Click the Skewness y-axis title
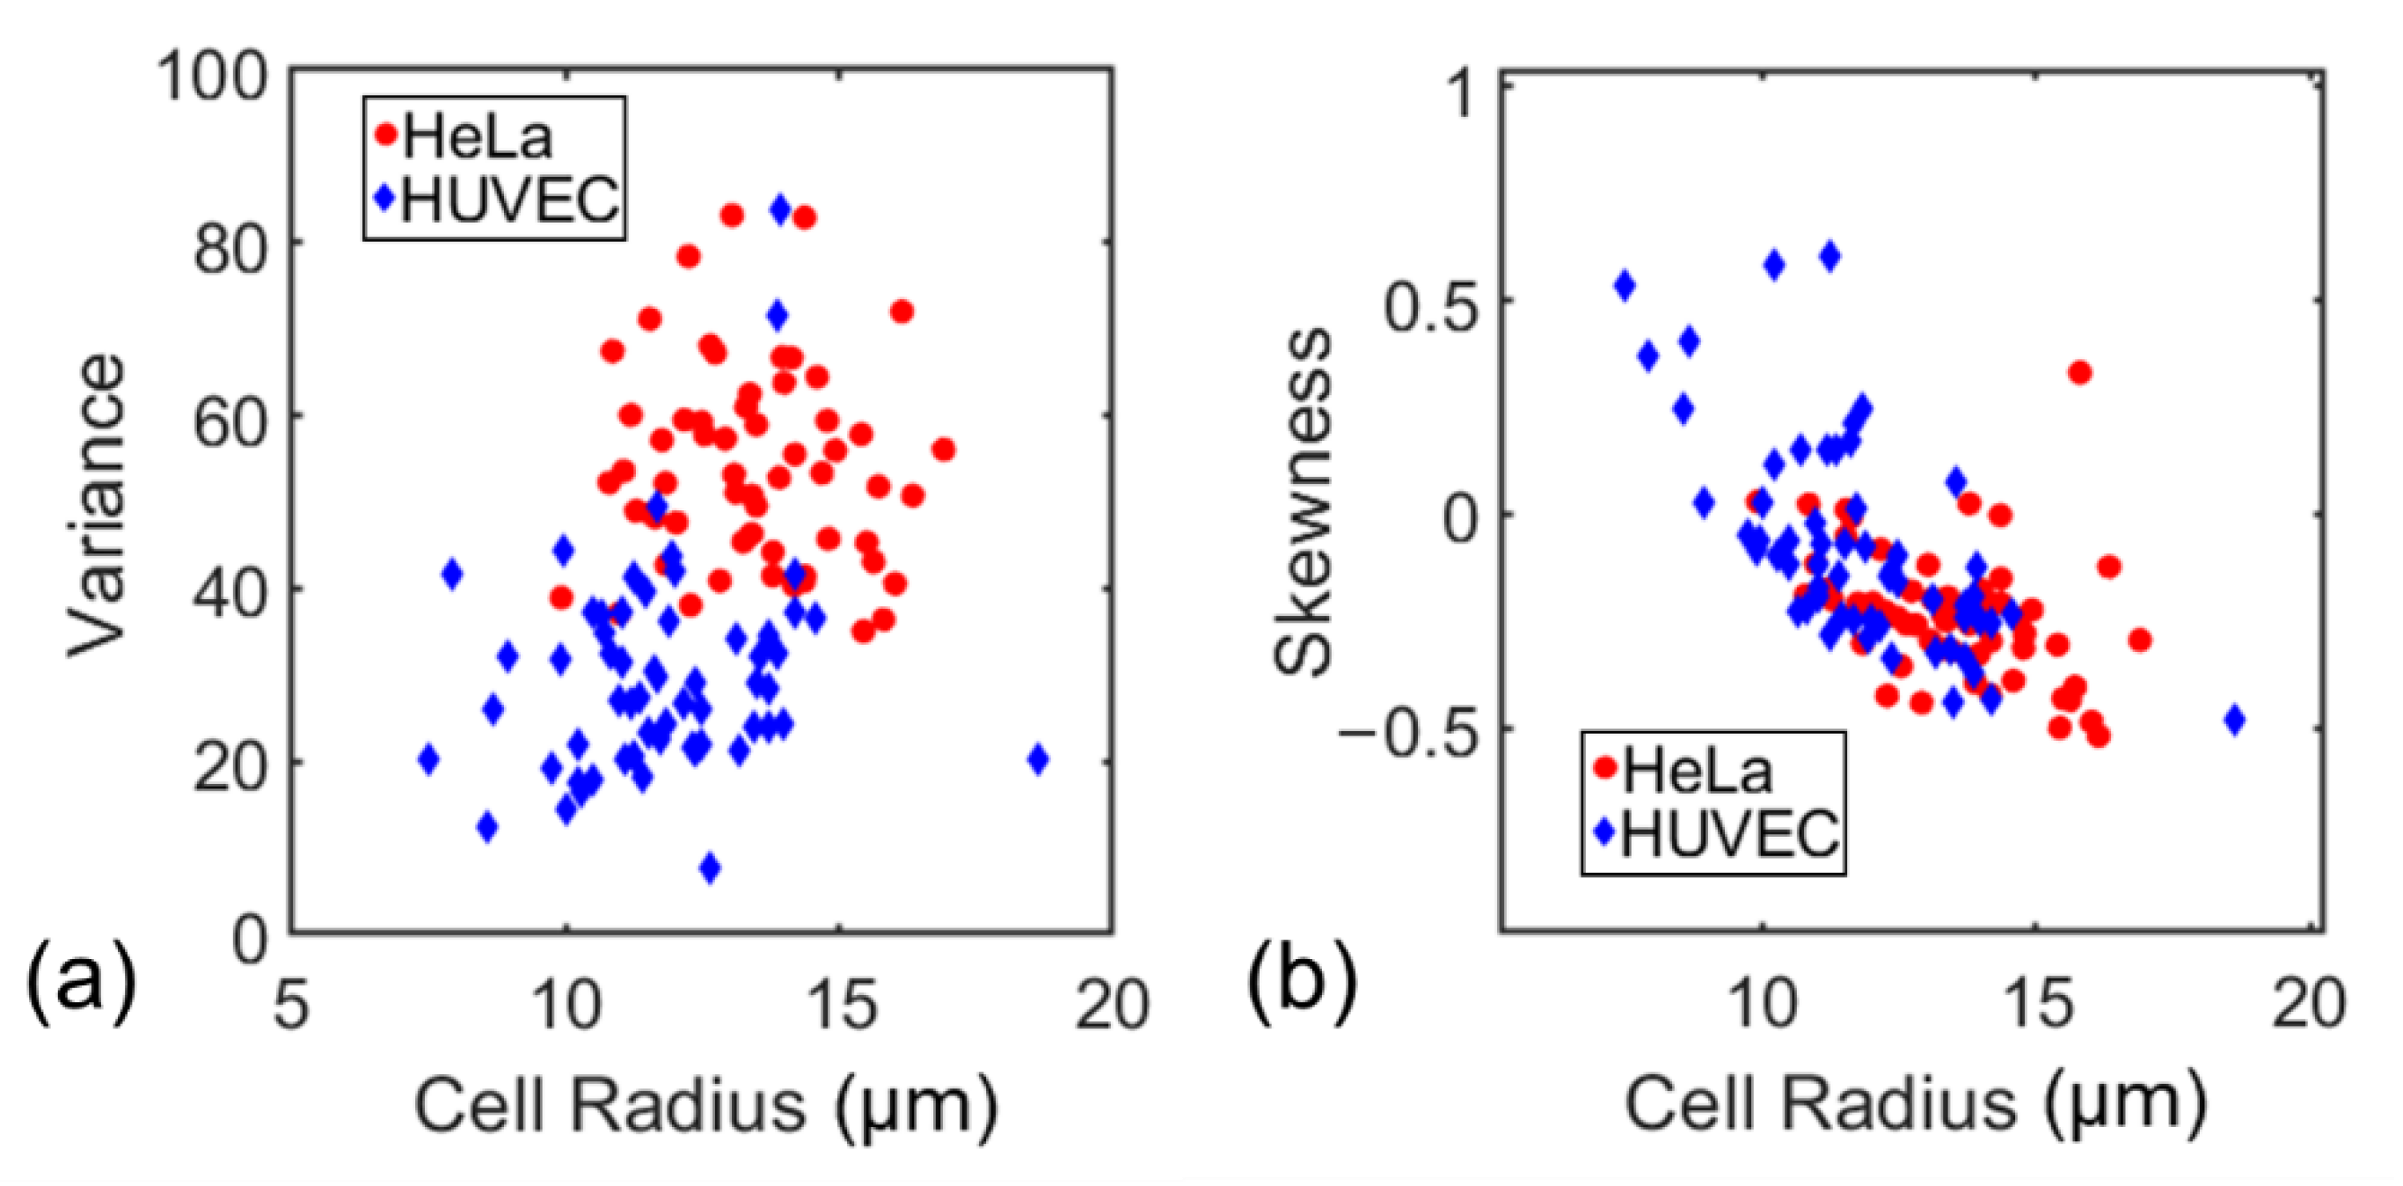click(x=1304, y=502)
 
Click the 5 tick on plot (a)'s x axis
click(x=291, y=1006)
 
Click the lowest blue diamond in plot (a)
click(x=710, y=868)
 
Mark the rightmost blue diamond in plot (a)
click(x=1038, y=759)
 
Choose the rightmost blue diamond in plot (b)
click(x=2234, y=720)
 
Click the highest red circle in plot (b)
click(x=2079, y=373)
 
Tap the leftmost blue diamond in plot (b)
click(x=1625, y=286)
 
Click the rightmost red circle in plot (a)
click(x=943, y=450)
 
